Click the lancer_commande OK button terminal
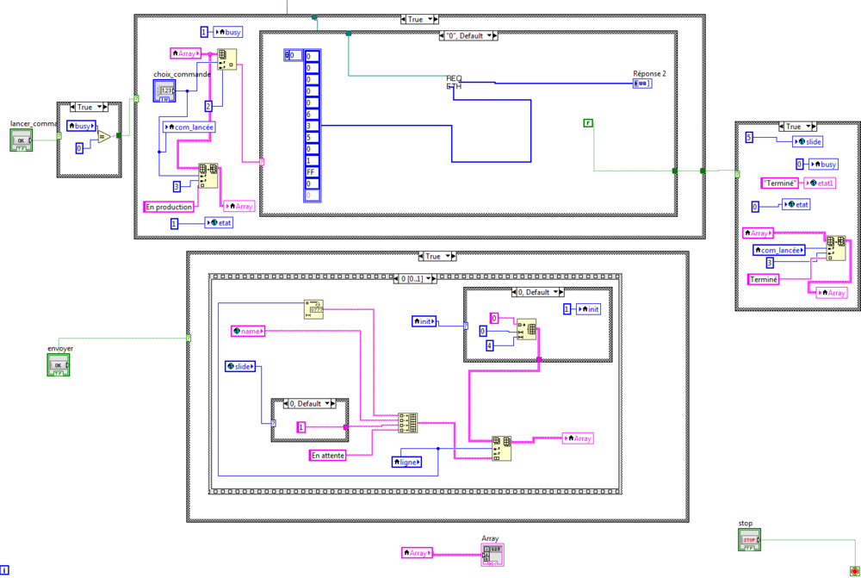22,141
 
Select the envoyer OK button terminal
59,365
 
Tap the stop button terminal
749,540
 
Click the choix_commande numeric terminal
165,90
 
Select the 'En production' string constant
169,207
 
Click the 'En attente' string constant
327,454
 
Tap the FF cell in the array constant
312,172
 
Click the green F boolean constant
588,124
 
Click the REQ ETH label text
454,82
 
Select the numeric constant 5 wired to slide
748,138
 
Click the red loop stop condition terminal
853,571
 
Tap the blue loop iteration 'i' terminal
5,570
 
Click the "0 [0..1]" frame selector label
414,279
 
